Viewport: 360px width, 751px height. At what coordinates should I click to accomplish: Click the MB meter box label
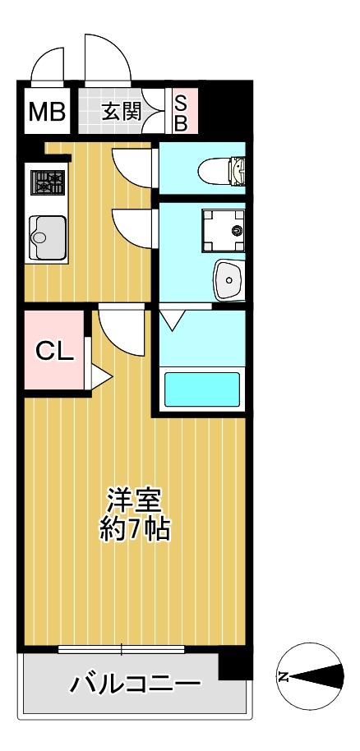point(47,111)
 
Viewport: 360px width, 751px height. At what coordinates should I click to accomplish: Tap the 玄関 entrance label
point(121,111)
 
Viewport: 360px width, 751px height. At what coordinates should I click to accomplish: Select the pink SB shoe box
point(182,112)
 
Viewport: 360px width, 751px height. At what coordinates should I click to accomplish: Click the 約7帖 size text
point(136,528)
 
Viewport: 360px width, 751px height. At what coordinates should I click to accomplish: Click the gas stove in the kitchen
point(48,182)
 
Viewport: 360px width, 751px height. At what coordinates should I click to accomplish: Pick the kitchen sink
point(47,237)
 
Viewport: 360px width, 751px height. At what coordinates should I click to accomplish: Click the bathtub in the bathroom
point(202,389)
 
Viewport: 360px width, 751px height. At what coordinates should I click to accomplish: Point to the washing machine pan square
point(223,230)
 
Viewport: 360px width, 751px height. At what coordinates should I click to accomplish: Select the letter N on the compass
point(284,677)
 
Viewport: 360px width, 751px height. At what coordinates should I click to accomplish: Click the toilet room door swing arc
point(132,165)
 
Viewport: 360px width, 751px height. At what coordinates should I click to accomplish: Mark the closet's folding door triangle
point(99,378)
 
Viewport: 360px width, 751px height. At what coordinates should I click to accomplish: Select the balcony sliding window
point(121,650)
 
